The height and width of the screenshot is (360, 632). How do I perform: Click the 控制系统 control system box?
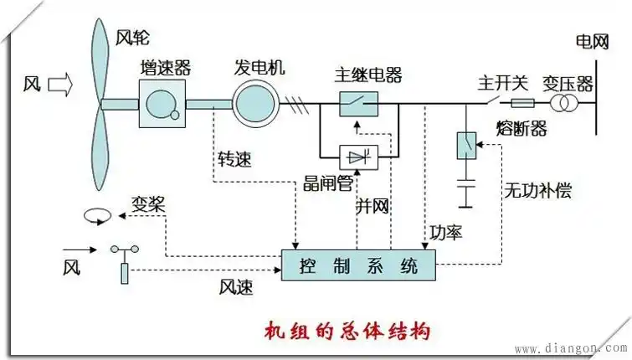click(358, 266)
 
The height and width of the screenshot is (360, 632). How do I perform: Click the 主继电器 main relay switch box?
click(358, 105)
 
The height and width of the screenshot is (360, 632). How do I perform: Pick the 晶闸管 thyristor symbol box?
click(358, 155)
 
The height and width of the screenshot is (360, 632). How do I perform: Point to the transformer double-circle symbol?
click(563, 105)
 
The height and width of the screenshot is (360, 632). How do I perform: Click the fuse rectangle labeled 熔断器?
click(522, 105)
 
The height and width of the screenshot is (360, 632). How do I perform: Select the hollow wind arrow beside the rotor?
click(61, 84)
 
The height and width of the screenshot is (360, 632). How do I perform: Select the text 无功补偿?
click(537, 190)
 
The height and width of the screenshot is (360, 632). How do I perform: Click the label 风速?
click(236, 286)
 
